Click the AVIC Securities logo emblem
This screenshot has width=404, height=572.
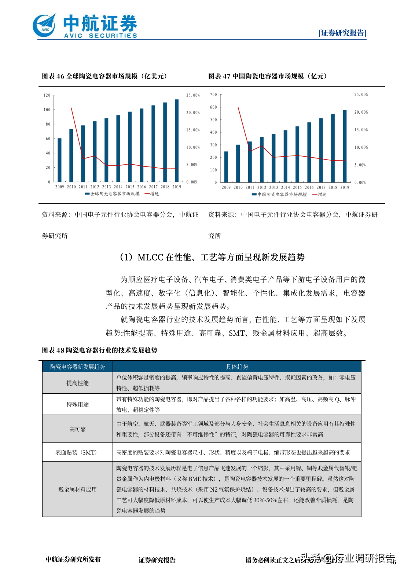44,26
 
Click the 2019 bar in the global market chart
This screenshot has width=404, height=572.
177,141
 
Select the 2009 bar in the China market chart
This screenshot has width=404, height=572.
226,167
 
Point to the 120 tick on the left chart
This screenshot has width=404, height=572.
47,95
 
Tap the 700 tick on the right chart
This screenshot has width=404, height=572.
213,95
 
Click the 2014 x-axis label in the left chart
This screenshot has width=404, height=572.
118,187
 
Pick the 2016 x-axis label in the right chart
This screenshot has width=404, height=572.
309,187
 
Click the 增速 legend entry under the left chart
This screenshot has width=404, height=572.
152,194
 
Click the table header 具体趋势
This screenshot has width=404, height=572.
237,367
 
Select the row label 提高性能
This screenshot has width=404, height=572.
77,383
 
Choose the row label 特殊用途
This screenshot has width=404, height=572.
77,404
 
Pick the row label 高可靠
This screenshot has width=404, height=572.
77,429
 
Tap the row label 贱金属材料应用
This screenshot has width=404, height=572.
77,489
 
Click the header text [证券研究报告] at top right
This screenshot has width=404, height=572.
342,33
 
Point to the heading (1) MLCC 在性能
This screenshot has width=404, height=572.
212,257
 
